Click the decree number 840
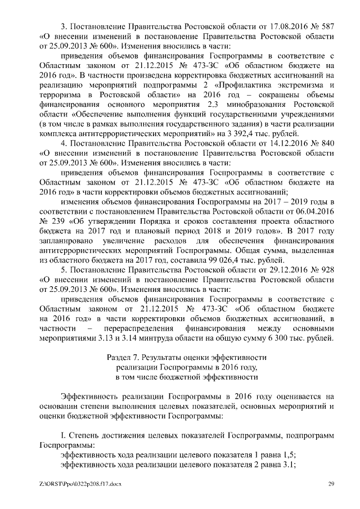[x=326, y=143]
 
